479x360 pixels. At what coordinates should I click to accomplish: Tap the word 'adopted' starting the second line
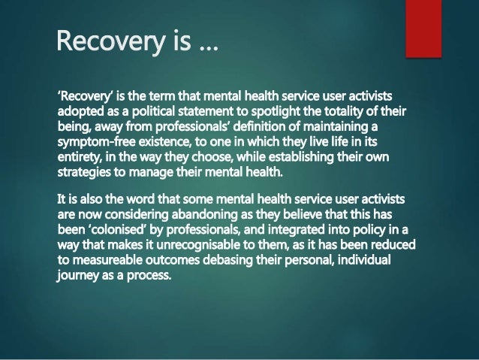tap(80, 112)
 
